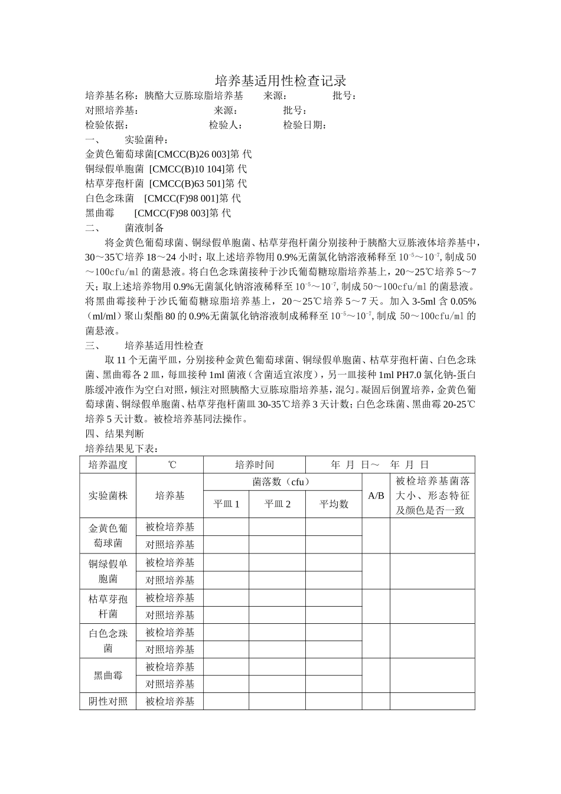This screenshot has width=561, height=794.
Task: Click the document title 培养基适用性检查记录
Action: [280, 80]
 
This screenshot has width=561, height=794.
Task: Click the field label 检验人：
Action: [226, 125]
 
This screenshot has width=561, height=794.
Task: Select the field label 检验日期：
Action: [305, 125]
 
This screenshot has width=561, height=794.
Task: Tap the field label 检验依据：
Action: [107, 125]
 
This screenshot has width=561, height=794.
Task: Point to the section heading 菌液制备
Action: [144, 227]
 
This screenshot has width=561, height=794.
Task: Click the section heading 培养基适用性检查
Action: [164, 346]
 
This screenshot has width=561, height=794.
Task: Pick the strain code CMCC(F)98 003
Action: [171, 213]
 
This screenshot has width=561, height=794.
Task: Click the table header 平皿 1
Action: [226, 504]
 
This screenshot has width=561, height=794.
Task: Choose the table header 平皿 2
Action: [277, 504]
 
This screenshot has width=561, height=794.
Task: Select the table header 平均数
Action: [334, 504]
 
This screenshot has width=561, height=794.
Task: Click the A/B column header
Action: [376, 496]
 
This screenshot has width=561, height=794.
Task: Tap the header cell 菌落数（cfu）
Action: [282, 482]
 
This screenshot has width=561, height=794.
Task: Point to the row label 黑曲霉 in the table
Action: [108, 675]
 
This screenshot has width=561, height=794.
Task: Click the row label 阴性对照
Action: [108, 701]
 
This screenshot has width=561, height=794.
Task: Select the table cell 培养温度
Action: [108, 464]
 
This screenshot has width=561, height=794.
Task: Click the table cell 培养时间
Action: [254, 464]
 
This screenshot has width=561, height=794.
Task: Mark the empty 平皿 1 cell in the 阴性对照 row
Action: [226, 701]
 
